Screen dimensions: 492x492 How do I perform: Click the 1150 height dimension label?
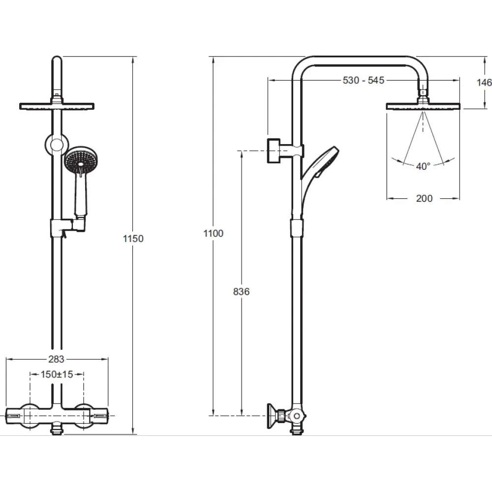[133, 239]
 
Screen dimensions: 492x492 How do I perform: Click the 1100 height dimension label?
[214, 233]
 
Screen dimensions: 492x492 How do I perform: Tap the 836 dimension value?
[241, 292]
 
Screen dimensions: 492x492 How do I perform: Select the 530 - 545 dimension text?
[364, 80]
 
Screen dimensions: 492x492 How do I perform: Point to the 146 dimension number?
[484, 83]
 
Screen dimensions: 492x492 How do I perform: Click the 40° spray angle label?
[423, 166]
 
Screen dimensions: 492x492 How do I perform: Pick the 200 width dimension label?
[424, 198]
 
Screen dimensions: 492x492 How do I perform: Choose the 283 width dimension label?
[57, 359]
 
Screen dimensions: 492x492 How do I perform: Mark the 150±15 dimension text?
[57, 374]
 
